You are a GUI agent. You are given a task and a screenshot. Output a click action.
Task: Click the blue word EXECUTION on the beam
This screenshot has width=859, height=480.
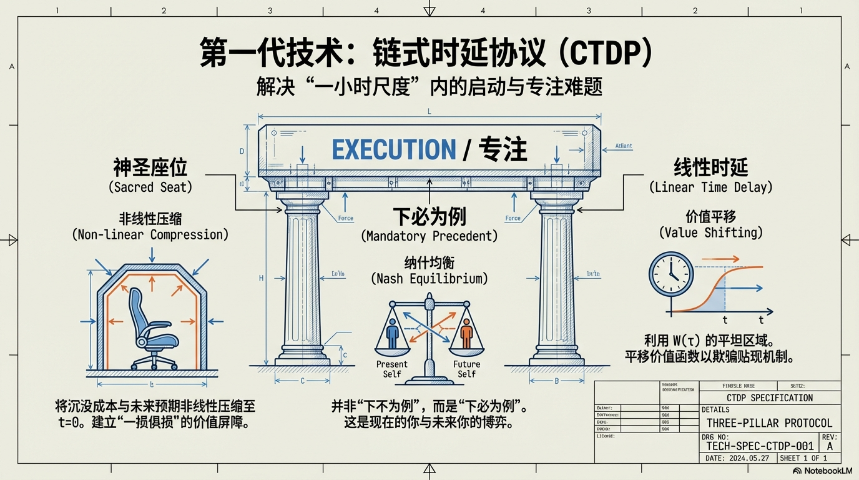[394, 150]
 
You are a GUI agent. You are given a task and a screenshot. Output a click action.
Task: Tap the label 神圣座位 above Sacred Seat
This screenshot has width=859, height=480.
[150, 167]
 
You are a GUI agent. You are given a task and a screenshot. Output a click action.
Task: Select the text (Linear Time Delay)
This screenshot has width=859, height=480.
[711, 187]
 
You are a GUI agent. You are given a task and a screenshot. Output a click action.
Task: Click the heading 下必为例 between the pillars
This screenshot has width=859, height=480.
[430, 217]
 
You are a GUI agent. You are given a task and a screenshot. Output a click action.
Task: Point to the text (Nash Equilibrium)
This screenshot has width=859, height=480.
[430, 279]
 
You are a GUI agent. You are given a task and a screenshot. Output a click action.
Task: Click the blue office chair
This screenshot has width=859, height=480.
[149, 329]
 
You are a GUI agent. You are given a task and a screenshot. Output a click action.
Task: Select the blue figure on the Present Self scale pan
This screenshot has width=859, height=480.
[392, 332]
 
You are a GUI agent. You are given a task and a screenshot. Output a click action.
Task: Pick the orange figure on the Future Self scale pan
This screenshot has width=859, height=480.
[466, 332]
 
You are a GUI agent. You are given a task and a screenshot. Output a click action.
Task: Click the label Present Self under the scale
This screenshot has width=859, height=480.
[392, 369]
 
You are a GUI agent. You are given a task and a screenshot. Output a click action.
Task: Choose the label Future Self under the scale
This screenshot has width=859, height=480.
[466, 369]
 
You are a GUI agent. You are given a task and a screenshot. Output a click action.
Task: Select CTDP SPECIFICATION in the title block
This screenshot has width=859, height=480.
[770, 398]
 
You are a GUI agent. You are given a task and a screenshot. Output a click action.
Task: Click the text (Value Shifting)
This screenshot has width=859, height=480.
[711, 232]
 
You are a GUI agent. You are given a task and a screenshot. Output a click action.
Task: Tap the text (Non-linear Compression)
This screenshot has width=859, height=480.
[150, 235]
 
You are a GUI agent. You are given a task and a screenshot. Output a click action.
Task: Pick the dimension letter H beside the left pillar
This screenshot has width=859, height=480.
[261, 278]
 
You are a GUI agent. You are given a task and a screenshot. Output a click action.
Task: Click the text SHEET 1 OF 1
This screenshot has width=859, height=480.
[804, 458]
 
